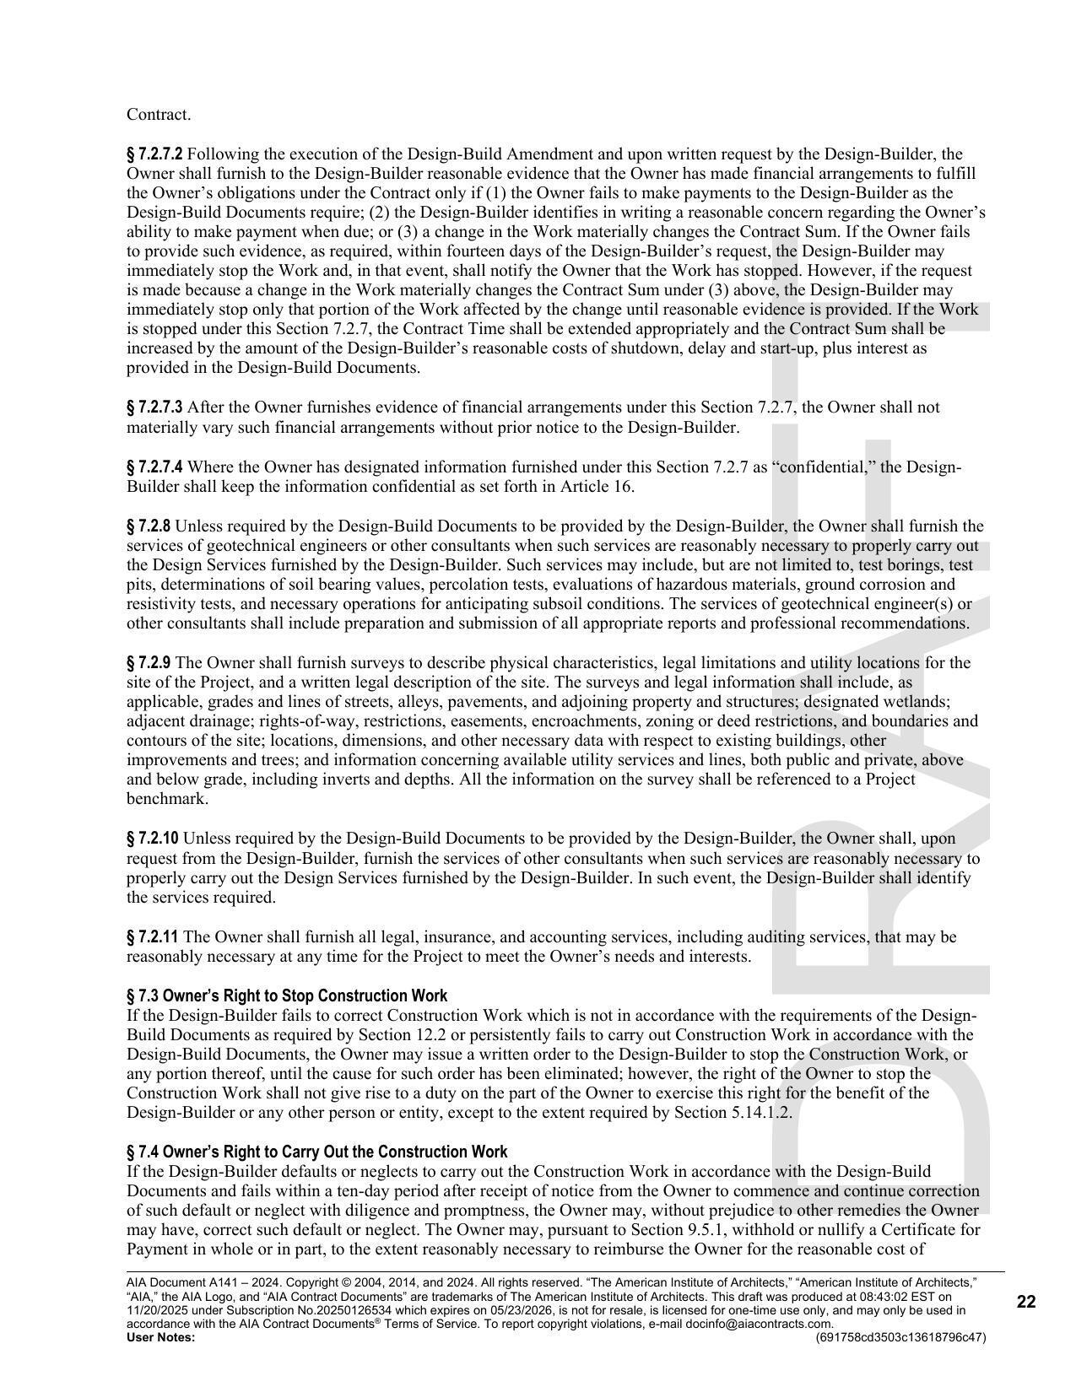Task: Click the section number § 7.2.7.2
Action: pos(154,154)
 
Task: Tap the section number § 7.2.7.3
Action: pos(154,407)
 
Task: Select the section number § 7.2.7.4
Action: pos(154,467)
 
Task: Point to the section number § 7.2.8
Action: pos(149,526)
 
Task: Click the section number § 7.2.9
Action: pos(149,663)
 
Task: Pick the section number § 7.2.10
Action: pos(152,839)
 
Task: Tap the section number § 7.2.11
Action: pos(152,937)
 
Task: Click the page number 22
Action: pos(1025,1302)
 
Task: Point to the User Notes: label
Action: pos(160,1337)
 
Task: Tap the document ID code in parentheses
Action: pos(900,1337)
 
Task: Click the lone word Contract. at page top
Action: pos(159,115)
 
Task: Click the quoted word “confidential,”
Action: pos(823,467)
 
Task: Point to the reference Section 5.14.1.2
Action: pos(733,1113)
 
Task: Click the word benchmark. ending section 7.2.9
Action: pos(167,799)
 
